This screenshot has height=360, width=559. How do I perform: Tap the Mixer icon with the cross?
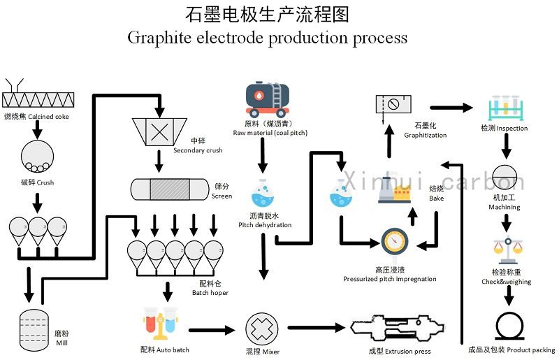(x=262, y=328)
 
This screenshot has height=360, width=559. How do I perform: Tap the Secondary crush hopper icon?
(x=159, y=130)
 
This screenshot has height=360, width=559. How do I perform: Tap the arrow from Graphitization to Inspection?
(x=451, y=108)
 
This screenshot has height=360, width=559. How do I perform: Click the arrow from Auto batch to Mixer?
(x=212, y=330)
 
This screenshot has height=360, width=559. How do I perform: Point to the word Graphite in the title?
(x=155, y=36)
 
